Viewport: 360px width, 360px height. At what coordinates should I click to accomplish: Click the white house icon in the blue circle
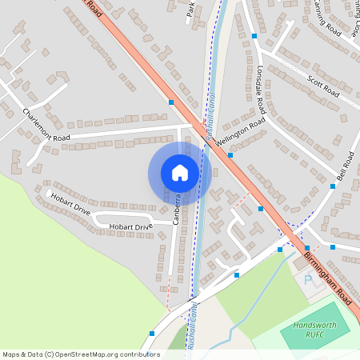point(180,172)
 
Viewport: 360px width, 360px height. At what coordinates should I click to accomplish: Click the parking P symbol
point(309,280)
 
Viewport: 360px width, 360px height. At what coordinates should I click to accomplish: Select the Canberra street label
point(177,210)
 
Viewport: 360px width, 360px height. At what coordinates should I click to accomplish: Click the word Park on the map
point(190,10)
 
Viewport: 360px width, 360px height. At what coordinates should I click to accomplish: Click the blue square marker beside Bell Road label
point(333,186)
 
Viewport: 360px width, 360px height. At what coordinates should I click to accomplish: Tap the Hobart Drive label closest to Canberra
point(131,227)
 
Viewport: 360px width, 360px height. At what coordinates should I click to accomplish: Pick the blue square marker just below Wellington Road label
point(230,155)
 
